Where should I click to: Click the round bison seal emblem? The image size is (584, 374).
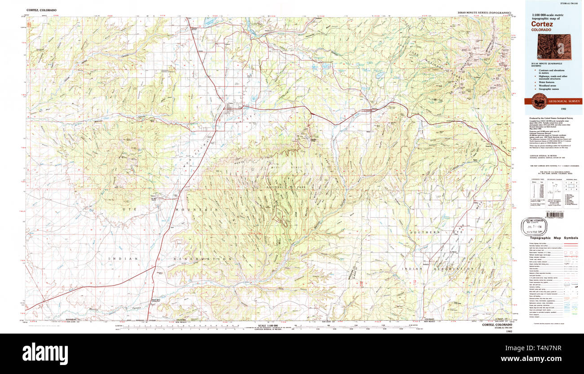pos(539,101)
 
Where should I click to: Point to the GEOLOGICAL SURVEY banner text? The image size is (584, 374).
pos(564,101)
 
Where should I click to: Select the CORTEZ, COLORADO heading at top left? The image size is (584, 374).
pos(41,10)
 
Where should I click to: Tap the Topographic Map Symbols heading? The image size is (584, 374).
pos(553,238)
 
